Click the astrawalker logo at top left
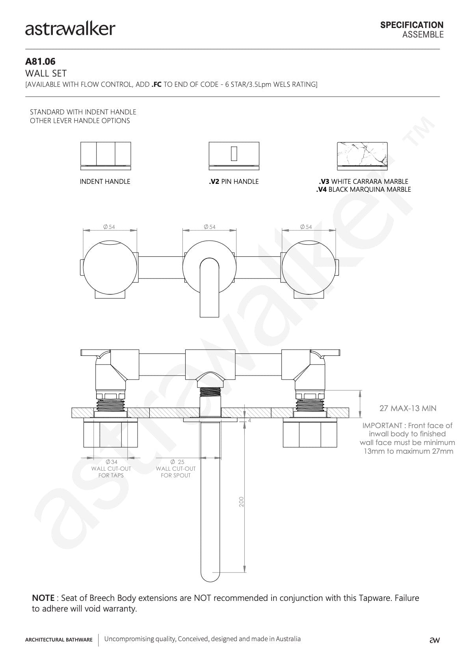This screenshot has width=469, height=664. click(70, 29)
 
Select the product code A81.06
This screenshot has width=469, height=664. click(40, 62)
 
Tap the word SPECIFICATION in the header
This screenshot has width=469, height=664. click(412, 25)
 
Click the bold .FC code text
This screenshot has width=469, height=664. click(156, 84)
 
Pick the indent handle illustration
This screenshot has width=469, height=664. click(106, 156)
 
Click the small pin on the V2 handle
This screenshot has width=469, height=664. click(234, 153)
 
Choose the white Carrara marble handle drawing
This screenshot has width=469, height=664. click(362, 156)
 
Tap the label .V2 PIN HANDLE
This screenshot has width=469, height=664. click(234, 181)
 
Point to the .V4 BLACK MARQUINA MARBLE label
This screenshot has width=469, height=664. click(364, 189)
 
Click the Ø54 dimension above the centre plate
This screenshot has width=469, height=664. click(209, 227)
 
